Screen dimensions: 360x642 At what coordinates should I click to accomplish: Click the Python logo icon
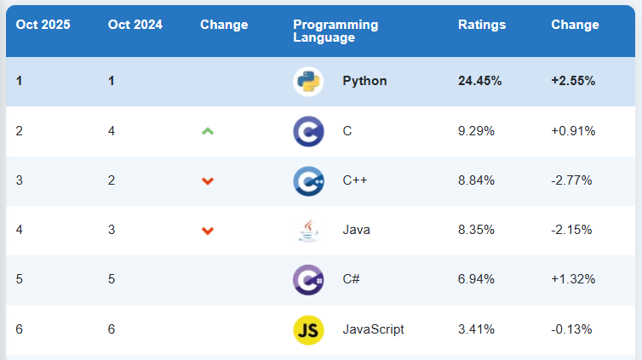(307, 82)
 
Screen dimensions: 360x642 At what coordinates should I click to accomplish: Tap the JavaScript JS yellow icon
(307, 329)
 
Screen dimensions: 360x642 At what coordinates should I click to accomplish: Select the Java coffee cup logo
(307, 230)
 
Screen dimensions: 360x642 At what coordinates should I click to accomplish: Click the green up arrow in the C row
(207, 131)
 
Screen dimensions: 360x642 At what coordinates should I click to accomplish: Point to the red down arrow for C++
(207, 180)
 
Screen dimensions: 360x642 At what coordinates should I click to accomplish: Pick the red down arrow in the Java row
(207, 231)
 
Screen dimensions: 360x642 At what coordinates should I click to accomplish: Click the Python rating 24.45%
(479, 82)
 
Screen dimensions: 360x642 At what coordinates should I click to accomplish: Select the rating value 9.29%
(476, 131)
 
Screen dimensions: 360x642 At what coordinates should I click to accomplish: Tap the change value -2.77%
(571, 180)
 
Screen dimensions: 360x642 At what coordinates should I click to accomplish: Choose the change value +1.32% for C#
(573, 280)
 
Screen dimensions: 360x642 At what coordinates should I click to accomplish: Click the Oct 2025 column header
(43, 25)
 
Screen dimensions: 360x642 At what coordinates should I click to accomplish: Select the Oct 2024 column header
(135, 25)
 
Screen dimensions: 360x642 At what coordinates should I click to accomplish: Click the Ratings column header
(482, 25)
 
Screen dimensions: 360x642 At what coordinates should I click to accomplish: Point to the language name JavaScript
(373, 329)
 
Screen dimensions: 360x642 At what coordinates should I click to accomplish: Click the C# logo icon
(307, 280)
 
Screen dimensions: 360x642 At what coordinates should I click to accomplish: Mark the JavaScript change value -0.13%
(571, 329)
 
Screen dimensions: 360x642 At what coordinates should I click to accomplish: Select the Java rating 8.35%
(476, 230)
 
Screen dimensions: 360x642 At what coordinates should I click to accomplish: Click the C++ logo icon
(307, 180)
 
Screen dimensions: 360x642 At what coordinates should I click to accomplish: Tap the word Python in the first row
(364, 82)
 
